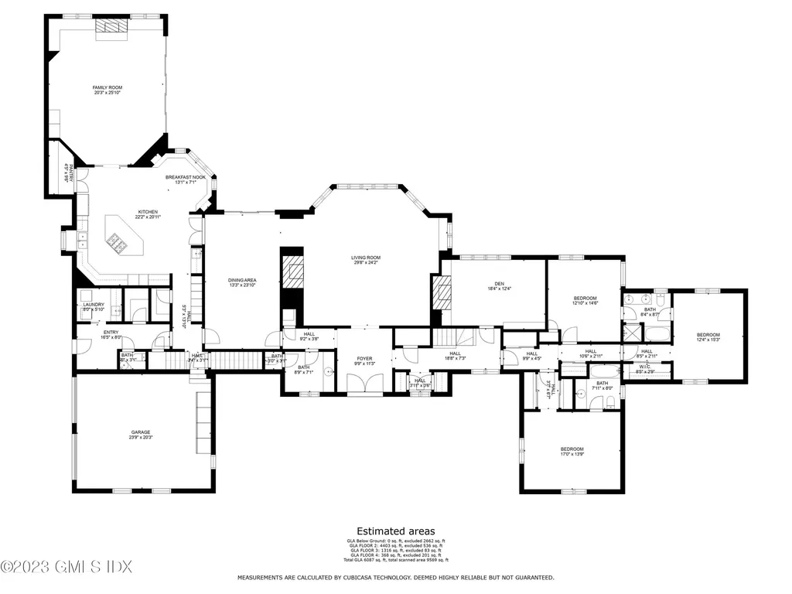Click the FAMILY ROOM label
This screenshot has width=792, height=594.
(108, 88)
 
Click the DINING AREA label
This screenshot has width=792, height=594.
(241, 280)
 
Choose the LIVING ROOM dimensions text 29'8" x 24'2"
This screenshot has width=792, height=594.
(367, 263)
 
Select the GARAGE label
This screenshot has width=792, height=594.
(140, 432)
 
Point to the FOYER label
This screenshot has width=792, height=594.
(364, 358)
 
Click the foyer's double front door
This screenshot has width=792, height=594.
(364, 384)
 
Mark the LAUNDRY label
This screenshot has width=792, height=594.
(94, 305)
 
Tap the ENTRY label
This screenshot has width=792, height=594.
(111, 333)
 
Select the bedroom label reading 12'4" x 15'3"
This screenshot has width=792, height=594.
(708, 340)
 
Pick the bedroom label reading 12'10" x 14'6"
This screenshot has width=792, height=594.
(585, 303)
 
